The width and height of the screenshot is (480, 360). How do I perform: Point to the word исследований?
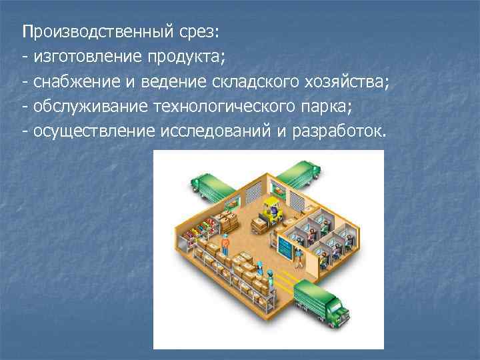click(215, 131)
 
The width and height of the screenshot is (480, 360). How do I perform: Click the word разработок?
click(337, 131)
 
